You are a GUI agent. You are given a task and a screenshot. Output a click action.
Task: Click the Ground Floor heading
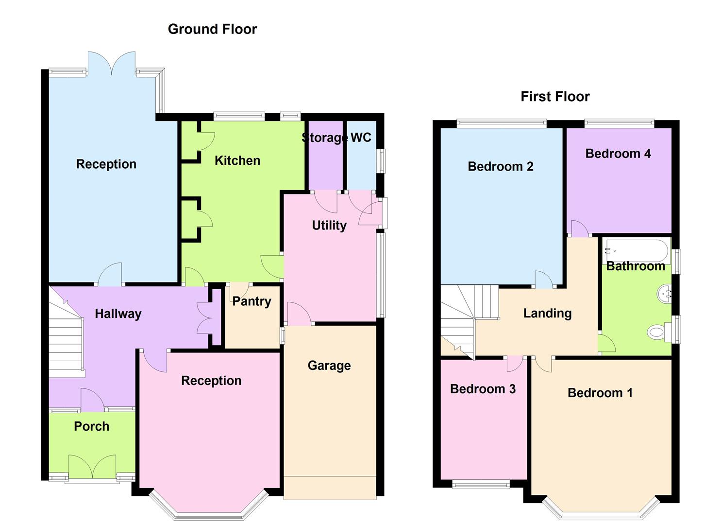click(x=212, y=29)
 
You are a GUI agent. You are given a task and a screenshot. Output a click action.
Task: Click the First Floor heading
click(x=555, y=96)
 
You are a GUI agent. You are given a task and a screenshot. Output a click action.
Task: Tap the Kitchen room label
click(x=237, y=160)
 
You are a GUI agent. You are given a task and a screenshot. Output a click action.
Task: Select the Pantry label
click(x=252, y=301)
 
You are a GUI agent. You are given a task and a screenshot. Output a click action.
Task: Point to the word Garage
click(x=329, y=366)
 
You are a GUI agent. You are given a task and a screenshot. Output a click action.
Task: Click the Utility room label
click(x=329, y=225)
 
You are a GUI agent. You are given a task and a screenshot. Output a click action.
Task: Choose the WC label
click(x=361, y=138)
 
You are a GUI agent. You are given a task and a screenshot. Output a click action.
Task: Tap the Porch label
click(x=91, y=426)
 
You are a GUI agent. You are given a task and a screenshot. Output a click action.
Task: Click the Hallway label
click(x=118, y=314)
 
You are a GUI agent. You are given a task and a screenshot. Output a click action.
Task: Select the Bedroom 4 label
click(x=618, y=154)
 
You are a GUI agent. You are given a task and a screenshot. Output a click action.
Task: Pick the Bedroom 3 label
click(x=483, y=389)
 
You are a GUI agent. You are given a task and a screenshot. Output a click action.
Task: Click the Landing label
click(x=547, y=314)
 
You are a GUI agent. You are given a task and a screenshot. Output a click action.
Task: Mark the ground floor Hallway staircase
click(x=66, y=340)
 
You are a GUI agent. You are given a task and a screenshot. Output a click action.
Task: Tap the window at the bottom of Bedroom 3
click(x=481, y=484)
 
